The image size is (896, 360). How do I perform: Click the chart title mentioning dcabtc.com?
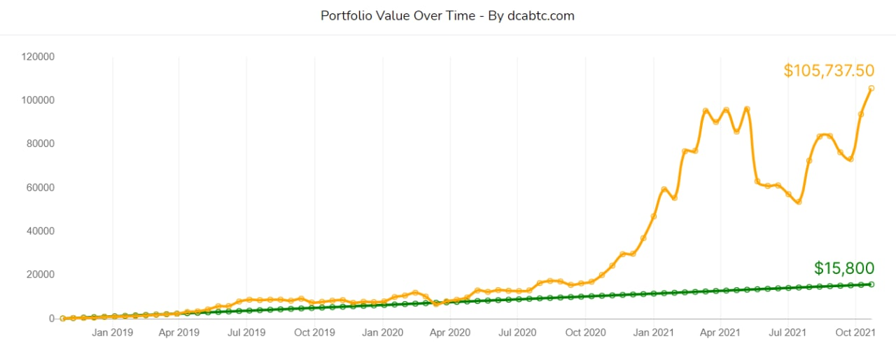click(447, 15)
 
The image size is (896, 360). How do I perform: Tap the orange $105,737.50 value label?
click(829, 71)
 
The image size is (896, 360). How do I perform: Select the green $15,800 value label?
click(844, 268)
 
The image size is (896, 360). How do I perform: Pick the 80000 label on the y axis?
click(40, 144)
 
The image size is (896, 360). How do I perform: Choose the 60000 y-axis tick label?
click(40, 188)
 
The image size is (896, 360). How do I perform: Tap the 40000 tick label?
click(40, 231)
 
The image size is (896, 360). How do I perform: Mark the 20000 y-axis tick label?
click(40, 275)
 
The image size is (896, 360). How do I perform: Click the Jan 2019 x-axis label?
click(113, 333)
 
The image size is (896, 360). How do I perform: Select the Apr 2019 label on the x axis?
click(179, 333)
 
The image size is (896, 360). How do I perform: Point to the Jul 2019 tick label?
click(246, 333)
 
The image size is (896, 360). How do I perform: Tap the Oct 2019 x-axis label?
click(314, 333)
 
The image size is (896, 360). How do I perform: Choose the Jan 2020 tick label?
click(382, 333)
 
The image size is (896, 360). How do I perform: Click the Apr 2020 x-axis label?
click(449, 333)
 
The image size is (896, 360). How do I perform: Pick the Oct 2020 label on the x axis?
click(585, 333)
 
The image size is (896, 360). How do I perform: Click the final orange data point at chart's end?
click(871, 88)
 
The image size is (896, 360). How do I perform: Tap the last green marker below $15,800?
click(871, 284)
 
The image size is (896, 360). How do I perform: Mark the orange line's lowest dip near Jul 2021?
click(798, 202)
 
